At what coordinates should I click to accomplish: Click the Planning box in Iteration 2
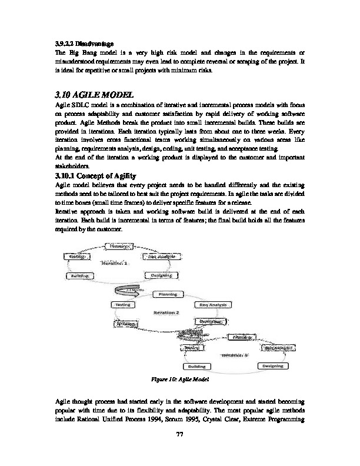[x=165, y=294]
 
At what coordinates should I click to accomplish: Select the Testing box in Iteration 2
[x=121, y=305]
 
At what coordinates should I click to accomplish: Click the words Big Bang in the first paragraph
[x=75, y=52]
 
